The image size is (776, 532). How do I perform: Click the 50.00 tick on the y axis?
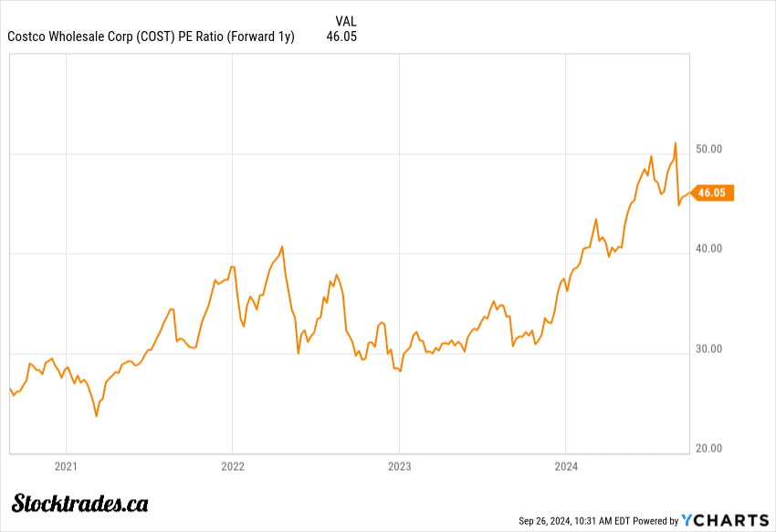coord(709,149)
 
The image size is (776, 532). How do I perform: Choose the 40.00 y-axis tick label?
coord(709,248)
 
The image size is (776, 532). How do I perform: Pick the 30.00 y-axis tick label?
coord(709,349)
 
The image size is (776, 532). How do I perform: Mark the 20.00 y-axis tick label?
coord(709,448)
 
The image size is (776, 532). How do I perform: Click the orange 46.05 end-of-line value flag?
coord(713,193)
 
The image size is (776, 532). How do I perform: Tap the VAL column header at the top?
coord(346,20)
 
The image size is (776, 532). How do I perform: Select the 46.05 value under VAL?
coord(341,37)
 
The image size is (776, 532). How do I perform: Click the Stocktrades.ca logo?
coord(80,503)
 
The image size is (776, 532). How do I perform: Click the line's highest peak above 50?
coord(675,143)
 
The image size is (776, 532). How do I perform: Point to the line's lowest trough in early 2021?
coord(96,416)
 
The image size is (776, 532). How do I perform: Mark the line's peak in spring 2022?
coord(282,246)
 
